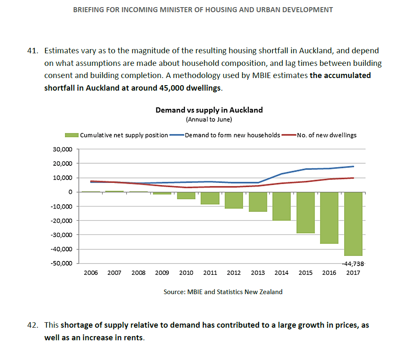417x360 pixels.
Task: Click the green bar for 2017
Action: (353, 224)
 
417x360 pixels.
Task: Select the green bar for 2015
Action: (306, 212)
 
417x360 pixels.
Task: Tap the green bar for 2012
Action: (234, 200)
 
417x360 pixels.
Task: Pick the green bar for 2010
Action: (186, 196)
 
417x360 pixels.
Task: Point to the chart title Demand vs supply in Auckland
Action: (209, 110)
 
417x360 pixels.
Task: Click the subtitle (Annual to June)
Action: (209, 120)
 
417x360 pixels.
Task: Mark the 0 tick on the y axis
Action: (70, 192)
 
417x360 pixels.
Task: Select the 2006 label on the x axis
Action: (91, 273)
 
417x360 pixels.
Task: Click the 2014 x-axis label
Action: (282, 273)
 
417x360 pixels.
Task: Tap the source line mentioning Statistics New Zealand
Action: (223, 292)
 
